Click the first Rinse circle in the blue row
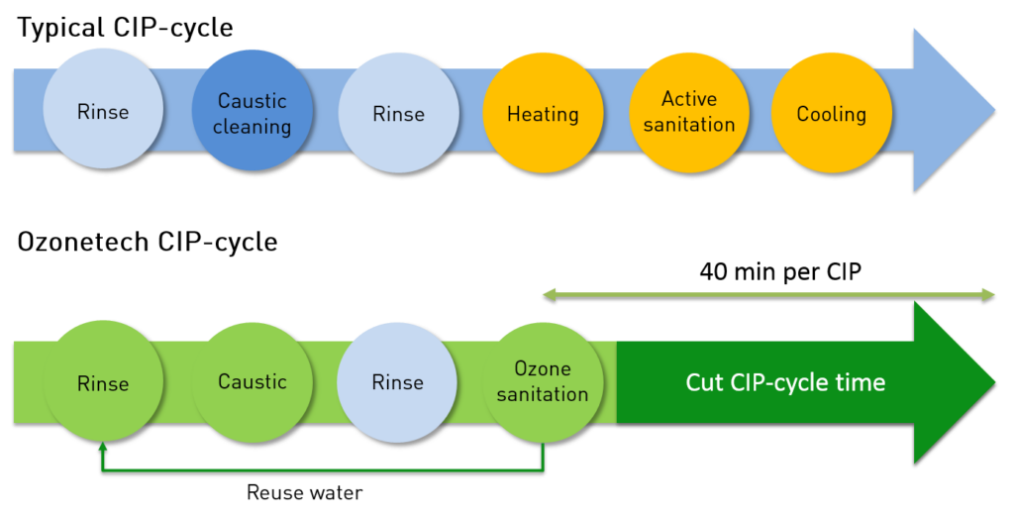102,111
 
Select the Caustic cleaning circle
252,112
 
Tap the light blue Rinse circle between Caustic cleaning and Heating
398,113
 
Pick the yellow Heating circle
543,113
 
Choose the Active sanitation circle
689,112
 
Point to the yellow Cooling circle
831,113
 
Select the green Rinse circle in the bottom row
102,381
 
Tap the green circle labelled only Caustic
252,381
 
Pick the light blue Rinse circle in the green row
397,382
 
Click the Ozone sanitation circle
543,381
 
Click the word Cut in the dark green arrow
705,382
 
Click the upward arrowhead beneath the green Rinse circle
102,449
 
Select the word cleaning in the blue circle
252,127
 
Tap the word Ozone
543,369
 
